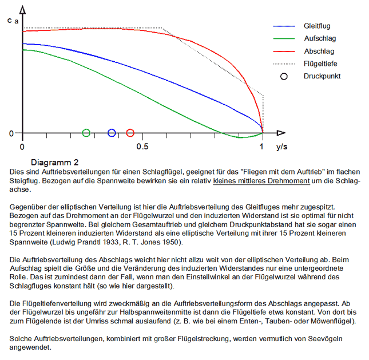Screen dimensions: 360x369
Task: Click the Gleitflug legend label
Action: pos(317,26)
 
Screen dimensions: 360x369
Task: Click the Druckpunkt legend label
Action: pos(322,76)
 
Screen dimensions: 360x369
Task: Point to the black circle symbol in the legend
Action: pos(284,76)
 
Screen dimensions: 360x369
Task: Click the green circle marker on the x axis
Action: pos(86,133)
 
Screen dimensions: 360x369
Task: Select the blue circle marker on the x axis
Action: pos(112,133)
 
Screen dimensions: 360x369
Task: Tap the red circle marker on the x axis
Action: pos(130,133)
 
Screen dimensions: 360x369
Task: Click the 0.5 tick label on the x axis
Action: pos(142,147)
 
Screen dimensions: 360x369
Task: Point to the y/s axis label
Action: pos(281,147)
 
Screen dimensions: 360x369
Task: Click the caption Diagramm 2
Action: pos(55,162)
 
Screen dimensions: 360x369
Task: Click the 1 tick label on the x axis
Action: pos(261,147)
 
